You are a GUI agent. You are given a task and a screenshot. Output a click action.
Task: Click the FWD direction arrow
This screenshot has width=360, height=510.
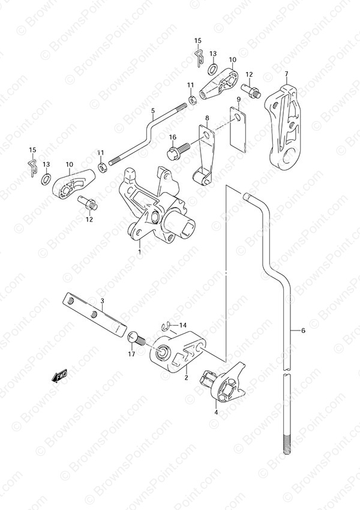[x=59, y=376]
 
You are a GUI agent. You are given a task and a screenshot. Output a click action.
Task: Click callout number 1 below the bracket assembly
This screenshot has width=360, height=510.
[x=140, y=252]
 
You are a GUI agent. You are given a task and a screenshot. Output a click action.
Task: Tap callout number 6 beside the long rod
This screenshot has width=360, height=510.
[x=303, y=331]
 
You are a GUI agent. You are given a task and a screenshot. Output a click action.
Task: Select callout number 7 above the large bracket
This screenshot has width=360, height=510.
[x=286, y=74]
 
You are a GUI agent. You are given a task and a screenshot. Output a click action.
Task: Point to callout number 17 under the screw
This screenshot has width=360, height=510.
[x=131, y=354]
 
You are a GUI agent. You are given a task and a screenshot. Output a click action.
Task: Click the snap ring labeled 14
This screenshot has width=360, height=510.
[x=166, y=326]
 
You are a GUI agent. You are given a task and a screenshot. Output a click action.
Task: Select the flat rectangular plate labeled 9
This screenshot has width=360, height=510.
[x=238, y=128]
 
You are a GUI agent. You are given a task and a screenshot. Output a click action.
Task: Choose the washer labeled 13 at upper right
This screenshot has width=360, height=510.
[x=213, y=69]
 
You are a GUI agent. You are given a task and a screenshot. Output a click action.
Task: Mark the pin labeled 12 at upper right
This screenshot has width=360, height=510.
[x=251, y=90]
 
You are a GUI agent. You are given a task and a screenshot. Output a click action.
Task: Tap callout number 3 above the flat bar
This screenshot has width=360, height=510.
[x=102, y=302]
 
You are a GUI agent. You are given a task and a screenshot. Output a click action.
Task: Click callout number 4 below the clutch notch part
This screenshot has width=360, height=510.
[x=216, y=413]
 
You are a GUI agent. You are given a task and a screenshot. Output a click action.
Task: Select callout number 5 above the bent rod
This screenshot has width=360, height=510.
[x=153, y=111]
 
